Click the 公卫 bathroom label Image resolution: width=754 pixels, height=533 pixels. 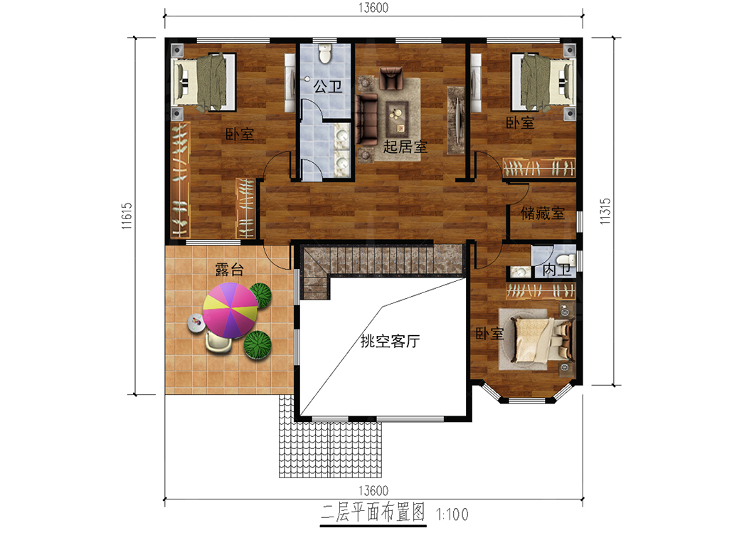pyautogui.click(x=328, y=87)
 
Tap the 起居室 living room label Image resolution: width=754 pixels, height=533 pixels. pyautogui.click(x=405, y=147)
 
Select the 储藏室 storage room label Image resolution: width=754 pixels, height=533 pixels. pyautogui.click(x=543, y=213)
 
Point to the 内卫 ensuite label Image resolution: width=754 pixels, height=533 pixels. pyautogui.click(x=556, y=270)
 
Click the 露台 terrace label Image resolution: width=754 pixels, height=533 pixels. pyautogui.click(x=229, y=270)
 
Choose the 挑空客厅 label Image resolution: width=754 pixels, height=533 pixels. pyautogui.click(x=390, y=341)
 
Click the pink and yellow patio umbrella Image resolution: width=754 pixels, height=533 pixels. pyautogui.click(x=230, y=310)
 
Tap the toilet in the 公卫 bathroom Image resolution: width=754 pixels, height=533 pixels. pyautogui.click(x=326, y=54)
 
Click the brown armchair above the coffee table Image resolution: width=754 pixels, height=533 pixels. pyautogui.click(x=391, y=78)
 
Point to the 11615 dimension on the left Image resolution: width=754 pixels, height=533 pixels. pyautogui.click(x=127, y=216)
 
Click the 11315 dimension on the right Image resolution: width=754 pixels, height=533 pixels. pyautogui.click(x=605, y=211)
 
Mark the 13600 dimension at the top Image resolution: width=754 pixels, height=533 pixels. pyautogui.click(x=373, y=8)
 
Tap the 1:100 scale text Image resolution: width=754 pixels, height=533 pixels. pyautogui.click(x=452, y=514)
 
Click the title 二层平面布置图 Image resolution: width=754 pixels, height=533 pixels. pyautogui.click(x=373, y=513)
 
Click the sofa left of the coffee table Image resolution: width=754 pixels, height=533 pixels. pyautogui.click(x=367, y=120)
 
